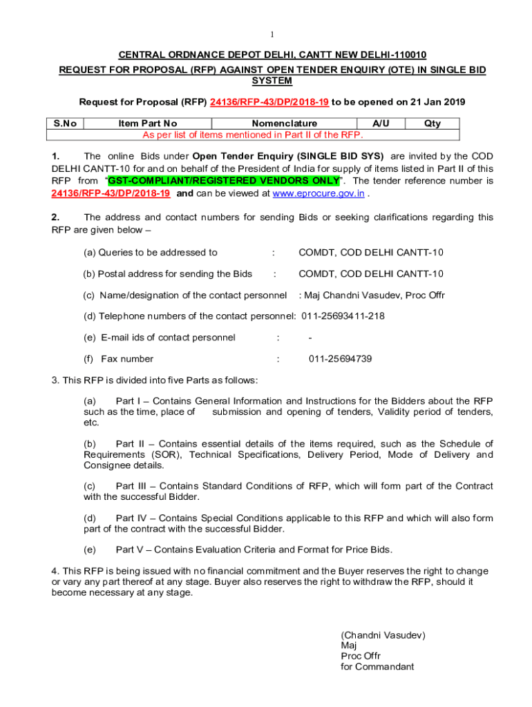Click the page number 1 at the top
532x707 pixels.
272,35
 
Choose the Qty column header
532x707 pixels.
433,124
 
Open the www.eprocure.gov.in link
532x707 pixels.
319,194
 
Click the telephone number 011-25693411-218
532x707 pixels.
343,316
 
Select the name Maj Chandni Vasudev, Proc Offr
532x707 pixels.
372,296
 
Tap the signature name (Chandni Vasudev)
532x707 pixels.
383,635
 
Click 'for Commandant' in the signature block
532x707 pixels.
377,667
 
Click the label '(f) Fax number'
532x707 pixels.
118,359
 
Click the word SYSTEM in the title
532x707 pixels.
272,81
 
